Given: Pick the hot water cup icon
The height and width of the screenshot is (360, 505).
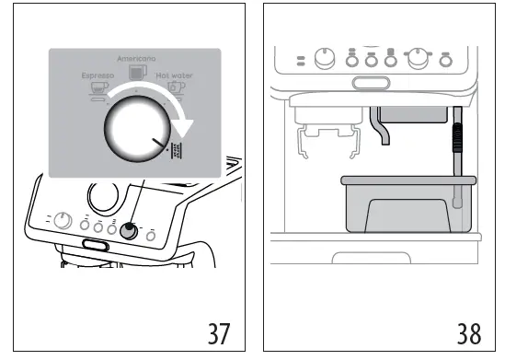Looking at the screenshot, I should [x=175, y=89].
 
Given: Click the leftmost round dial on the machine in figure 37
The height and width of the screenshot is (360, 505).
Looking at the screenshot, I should [x=62, y=221].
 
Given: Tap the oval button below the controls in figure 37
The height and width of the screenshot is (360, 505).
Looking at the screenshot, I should [x=94, y=244].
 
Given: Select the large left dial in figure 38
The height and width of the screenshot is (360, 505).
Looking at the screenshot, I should [x=327, y=59].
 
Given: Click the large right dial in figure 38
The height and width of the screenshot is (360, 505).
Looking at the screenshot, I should [x=419, y=58].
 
